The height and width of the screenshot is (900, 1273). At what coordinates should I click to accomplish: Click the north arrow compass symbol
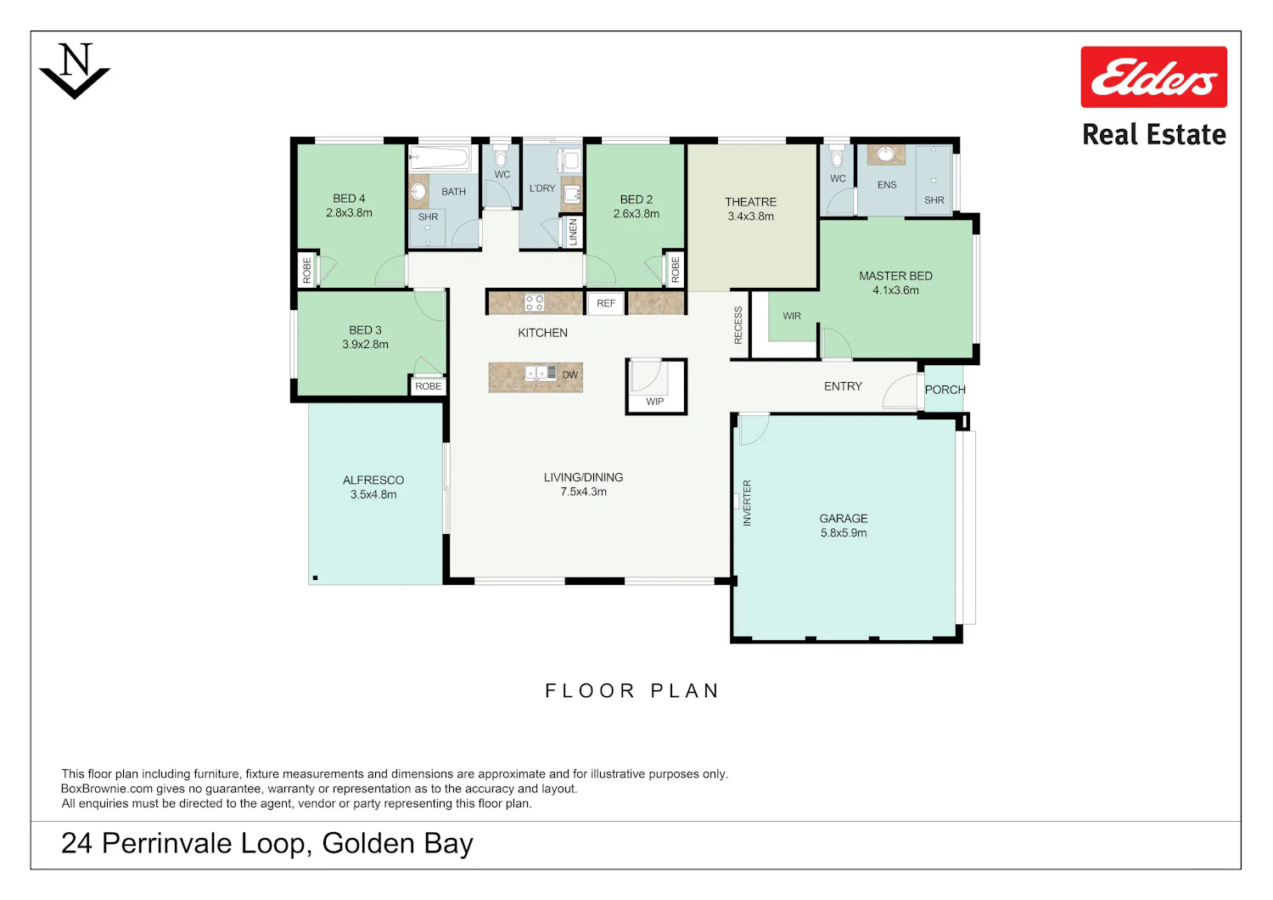(x=75, y=71)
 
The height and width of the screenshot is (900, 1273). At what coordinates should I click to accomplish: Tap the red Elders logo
(x=1153, y=76)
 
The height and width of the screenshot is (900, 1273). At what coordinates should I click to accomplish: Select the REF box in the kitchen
(x=606, y=303)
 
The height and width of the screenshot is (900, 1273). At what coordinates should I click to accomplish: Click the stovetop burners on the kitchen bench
(x=534, y=302)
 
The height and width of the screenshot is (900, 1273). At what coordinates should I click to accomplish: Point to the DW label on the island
(x=569, y=374)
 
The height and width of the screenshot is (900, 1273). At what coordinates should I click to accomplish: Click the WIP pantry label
(x=654, y=402)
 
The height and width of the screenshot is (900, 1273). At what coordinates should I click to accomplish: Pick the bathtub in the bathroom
(x=440, y=157)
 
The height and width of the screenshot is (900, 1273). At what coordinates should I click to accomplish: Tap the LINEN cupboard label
(x=573, y=232)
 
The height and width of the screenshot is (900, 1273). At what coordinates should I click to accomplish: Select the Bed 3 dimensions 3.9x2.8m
(x=365, y=345)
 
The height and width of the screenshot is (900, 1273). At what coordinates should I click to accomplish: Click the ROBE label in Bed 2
(x=676, y=269)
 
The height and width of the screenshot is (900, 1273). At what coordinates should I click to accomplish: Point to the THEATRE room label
(x=750, y=202)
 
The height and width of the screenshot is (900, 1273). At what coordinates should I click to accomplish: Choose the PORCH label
(x=945, y=390)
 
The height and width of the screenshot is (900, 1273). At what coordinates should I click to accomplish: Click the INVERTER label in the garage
(x=747, y=503)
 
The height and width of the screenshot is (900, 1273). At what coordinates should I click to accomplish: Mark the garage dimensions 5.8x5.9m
(x=844, y=533)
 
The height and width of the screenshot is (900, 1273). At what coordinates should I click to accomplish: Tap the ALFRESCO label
(x=373, y=481)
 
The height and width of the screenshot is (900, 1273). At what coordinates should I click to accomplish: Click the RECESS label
(x=738, y=325)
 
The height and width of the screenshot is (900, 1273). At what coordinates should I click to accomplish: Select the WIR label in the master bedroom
(x=792, y=316)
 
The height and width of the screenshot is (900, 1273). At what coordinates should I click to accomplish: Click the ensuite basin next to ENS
(x=885, y=154)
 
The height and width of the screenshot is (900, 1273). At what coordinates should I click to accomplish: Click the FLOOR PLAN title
(x=632, y=691)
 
